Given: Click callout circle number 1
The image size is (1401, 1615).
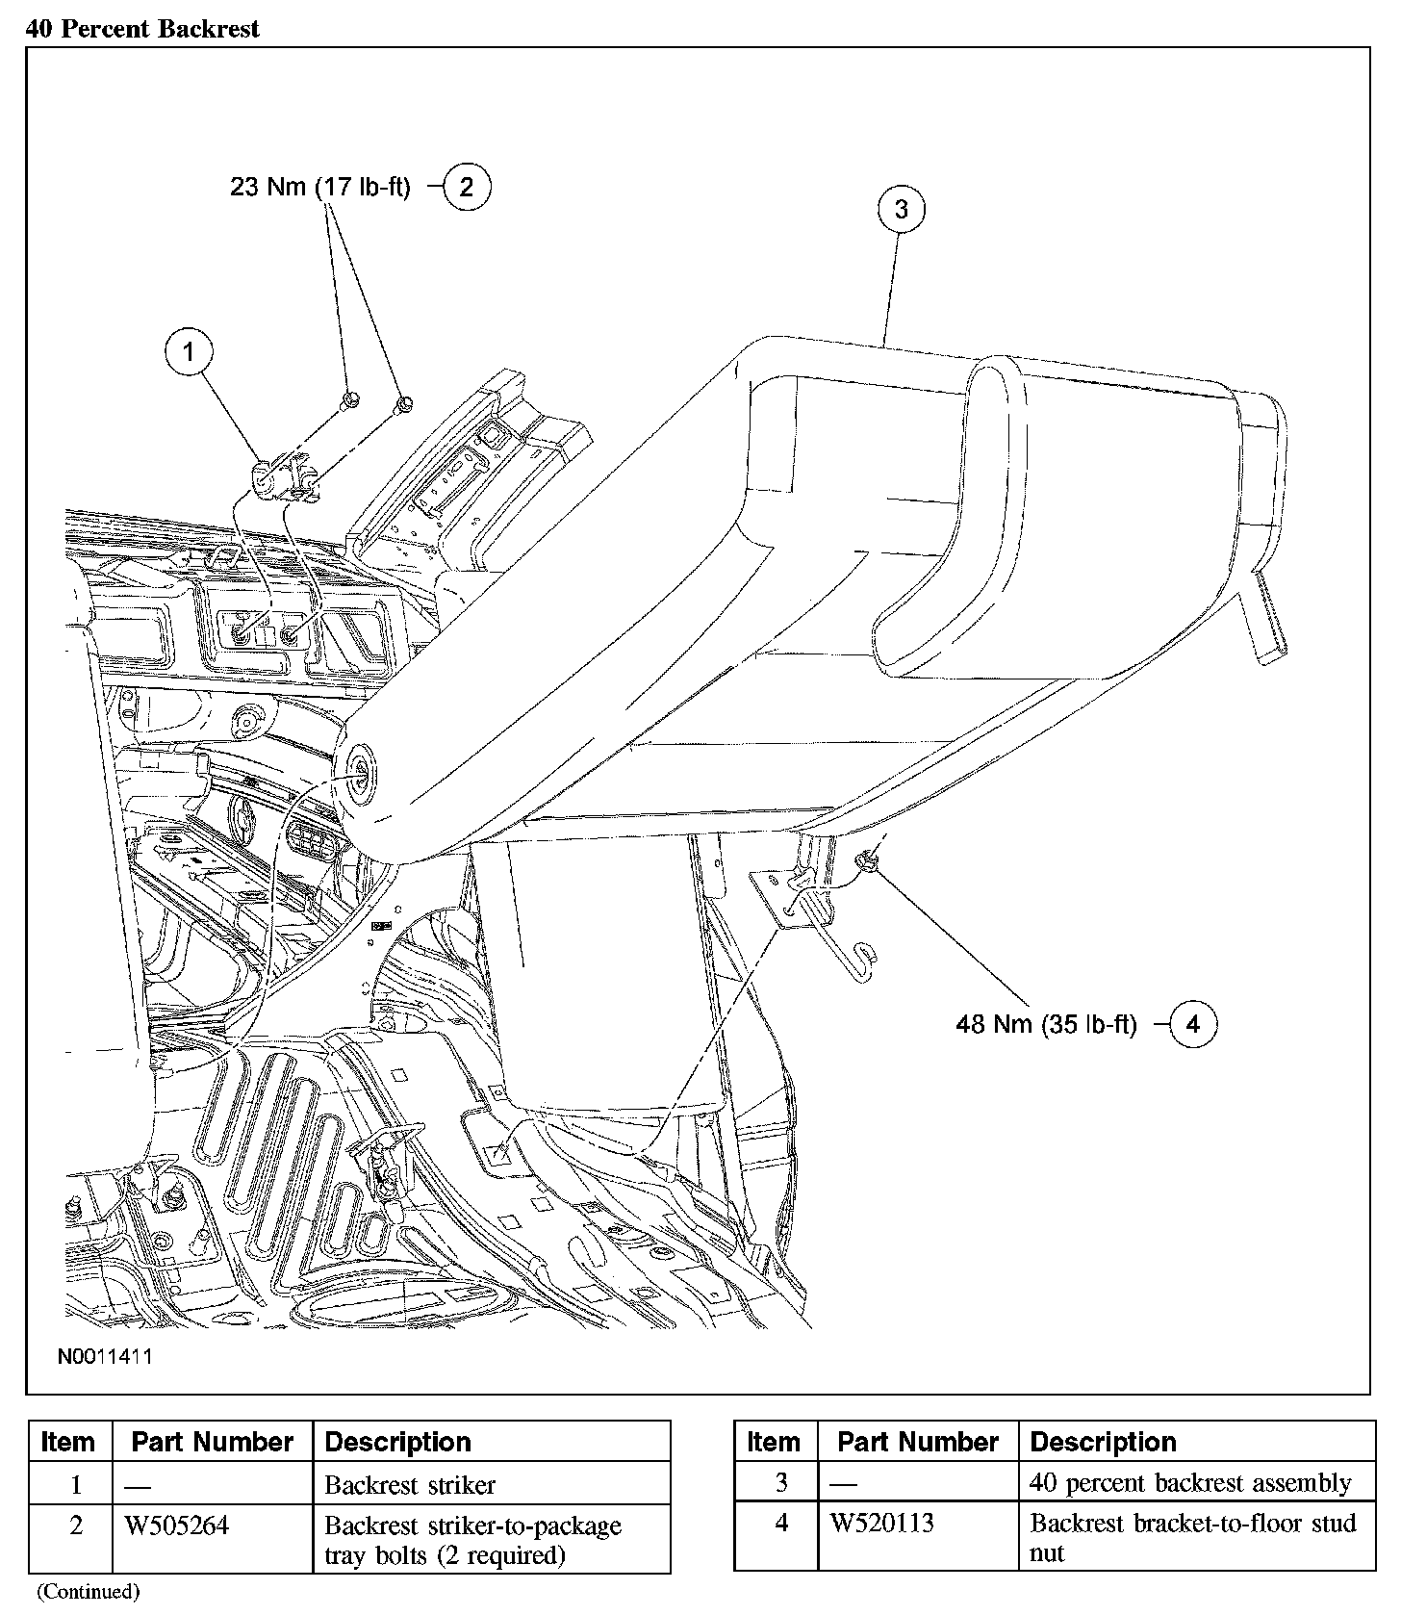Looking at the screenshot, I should coord(189,352).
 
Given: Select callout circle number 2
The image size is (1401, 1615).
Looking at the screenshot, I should coord(467,187).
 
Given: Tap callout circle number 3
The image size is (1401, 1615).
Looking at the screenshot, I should coord(901,209).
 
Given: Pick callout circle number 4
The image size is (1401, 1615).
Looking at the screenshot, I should coord(1192,1024).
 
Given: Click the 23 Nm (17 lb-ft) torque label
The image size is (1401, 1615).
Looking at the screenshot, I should coord(320,187).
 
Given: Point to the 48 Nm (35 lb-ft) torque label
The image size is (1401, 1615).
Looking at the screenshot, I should coord(1046,1024).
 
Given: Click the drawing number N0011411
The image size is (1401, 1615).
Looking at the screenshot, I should coord(104,1356).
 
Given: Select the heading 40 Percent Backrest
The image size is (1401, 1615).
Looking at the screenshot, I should coord(142,29).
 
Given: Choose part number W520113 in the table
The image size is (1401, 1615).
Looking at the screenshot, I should coord(882,1523).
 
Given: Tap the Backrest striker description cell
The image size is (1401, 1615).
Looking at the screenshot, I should coord(411,1484).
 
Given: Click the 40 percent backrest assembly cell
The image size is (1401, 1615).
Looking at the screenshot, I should coord(1190,1483).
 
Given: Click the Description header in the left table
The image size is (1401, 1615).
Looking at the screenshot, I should coord(398,1442).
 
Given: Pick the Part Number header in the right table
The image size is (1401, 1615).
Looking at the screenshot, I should coord(918,1442).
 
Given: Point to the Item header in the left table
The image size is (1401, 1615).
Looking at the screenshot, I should coord(68,1442).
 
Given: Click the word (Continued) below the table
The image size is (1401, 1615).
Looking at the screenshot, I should coord(88,1591).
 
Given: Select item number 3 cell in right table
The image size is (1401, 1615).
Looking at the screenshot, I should coord(780,1483).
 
